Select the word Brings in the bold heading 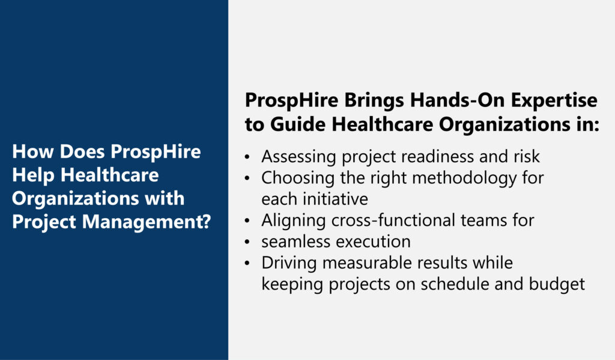tap(374, 101)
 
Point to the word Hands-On tap(457, 100)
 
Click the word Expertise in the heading tap(554, 101)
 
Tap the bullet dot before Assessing tap(247, 157)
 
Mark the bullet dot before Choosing tap(247, 178)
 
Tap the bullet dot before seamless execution tap(247, 242)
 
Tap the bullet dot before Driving tap(247, 263)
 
